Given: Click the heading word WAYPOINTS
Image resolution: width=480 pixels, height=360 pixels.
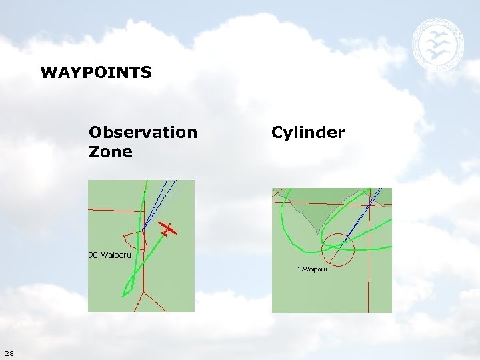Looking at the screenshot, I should click(96, 72).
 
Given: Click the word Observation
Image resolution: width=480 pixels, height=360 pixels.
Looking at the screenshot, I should click(143, 132).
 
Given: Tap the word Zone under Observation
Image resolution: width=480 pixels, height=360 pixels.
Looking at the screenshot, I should click(110, 152).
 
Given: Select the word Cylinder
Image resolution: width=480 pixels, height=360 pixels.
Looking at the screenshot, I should click(308, 132).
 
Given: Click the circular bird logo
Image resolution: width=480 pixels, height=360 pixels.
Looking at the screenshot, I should click(437, 45).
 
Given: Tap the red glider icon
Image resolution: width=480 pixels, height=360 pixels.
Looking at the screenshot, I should click(169, 230).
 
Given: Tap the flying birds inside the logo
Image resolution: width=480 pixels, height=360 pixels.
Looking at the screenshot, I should click(437, 45).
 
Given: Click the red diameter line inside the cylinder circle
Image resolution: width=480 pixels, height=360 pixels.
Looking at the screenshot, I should click(338, 250).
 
